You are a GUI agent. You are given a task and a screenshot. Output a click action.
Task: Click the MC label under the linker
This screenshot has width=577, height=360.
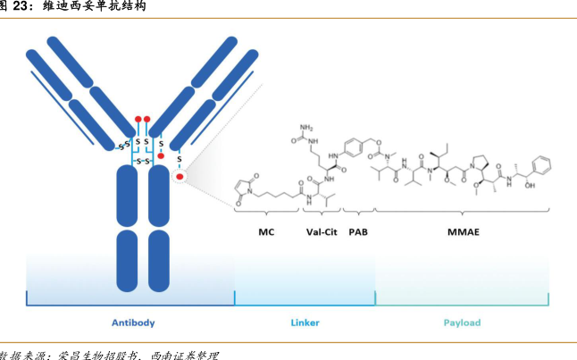pyautogui.click(x=266, y=232)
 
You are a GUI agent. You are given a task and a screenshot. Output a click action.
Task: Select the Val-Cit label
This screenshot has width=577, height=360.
pyautogui.click(x=320, y=232)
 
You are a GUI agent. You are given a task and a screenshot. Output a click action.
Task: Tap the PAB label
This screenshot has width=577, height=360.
pyautogui.click(x=358, y=232)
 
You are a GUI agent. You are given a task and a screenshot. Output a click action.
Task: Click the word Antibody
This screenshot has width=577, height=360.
pyautogui.click(x=132, y=322)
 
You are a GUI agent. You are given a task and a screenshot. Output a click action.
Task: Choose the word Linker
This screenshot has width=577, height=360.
pyautogui.click(x=305, y=322)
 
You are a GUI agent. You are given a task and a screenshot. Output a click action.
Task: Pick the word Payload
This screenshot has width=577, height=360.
pyautogui.click(x=462, y=322)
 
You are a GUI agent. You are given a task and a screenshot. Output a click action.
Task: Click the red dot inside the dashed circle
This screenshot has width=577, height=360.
pyautogui.click(x=180, y=177)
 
